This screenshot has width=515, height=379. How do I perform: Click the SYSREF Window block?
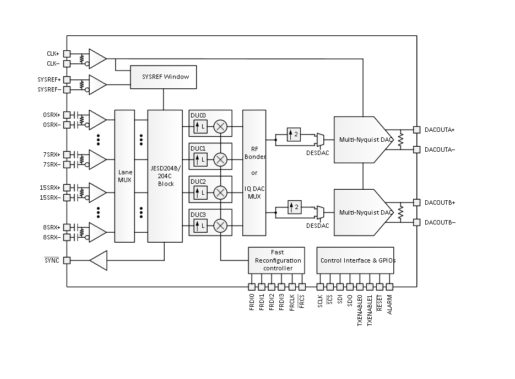[163, 77]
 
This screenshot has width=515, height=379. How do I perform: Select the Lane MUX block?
[124, 176]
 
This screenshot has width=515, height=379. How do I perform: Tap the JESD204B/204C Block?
[165, 176]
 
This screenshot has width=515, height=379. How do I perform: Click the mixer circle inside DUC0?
[220, 126]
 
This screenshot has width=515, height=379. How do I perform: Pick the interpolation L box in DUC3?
[200, 226]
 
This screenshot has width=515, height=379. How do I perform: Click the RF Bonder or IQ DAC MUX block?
[254, 173]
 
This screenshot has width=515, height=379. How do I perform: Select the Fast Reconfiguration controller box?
[277, 260]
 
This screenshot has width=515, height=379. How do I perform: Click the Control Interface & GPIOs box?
[355, 260]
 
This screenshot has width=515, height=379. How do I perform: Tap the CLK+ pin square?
[67, 54]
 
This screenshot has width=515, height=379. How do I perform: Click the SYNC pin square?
[67, 260]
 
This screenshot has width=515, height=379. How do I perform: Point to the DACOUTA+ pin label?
[440, 130]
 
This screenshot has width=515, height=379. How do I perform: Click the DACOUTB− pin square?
[416, 222]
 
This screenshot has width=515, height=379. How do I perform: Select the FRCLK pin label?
[292, 303]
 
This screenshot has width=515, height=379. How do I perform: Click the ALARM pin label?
[389, 305]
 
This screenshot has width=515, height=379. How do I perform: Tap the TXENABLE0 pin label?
[360, 310]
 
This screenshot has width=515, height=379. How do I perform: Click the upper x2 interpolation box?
[294, 134]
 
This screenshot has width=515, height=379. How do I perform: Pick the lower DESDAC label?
[318, 226]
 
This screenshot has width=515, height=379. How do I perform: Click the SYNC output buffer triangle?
[99, 260]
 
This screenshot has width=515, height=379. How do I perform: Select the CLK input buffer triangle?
[98, 59]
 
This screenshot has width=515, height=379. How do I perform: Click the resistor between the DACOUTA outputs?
[400, 140]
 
